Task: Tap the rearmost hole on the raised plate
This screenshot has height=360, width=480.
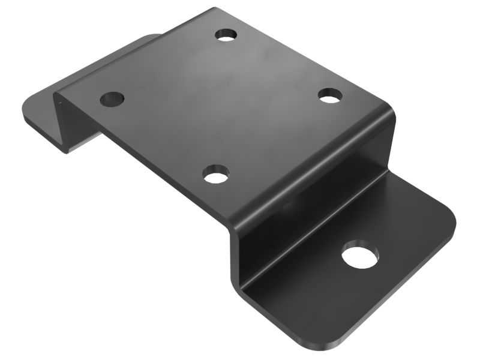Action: pos(226,34)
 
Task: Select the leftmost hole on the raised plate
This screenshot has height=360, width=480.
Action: pos(112,98)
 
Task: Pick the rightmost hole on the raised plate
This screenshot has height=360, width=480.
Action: pos(329,95)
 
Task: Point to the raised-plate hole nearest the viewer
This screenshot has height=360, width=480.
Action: pos(215,175)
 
